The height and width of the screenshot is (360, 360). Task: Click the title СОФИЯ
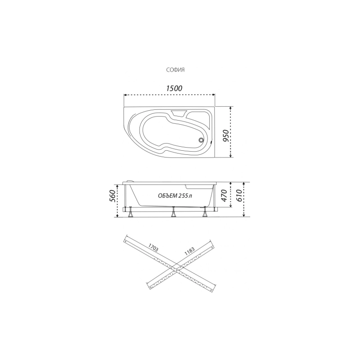tap(175, 70)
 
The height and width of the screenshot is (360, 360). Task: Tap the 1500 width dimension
tap(174, 88)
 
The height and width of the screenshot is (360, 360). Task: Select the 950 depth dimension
tap(226, 136)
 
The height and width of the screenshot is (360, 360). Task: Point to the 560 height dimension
tap(112, 196)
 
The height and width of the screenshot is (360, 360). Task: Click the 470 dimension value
tap(224, 195)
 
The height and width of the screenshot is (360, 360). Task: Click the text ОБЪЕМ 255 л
tap(175, 196)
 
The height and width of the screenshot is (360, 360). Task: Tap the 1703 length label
tap(153, 248)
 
